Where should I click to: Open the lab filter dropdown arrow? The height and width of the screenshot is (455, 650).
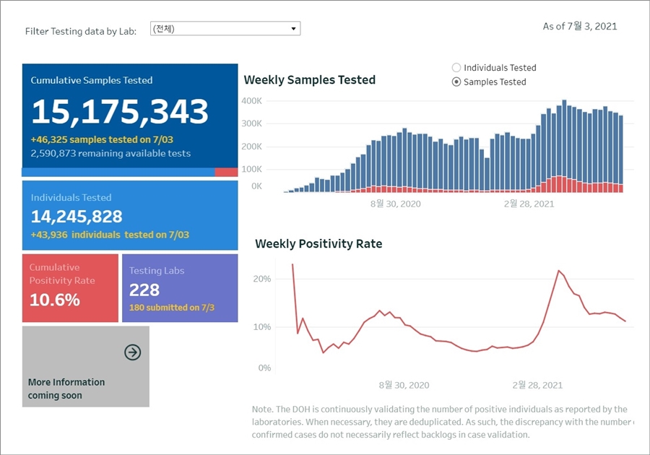point(293,29)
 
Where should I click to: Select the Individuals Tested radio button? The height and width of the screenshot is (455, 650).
point(456,68)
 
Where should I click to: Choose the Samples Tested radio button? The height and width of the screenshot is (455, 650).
point(456,82)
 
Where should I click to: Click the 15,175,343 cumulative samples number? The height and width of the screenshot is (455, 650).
point(120,112)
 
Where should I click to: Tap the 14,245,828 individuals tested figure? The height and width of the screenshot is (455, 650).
point(77,216)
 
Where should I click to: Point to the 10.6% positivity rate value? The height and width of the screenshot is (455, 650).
point(55,300)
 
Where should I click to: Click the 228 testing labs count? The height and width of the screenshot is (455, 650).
point(144,290)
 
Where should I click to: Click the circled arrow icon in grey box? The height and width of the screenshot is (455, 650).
point(133,352)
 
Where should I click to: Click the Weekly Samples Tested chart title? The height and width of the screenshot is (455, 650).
point(310,80)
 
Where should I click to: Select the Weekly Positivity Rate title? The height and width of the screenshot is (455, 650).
point(318,244)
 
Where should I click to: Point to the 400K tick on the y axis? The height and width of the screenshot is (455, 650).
point(252,101)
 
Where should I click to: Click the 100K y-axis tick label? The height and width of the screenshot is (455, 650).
point(252,169)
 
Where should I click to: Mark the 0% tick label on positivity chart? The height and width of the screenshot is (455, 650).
point(264,368)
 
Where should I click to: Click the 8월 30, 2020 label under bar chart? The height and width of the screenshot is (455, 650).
point(395,204)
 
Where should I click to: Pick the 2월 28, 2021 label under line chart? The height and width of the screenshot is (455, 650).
point(537,385)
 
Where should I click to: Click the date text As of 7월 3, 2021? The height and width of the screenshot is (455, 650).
point(580,27)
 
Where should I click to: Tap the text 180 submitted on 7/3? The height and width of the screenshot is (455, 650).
point(172,308)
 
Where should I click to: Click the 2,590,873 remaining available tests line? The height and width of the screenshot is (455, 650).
point(110,153)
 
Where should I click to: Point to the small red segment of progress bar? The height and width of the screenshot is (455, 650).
point(226,172)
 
